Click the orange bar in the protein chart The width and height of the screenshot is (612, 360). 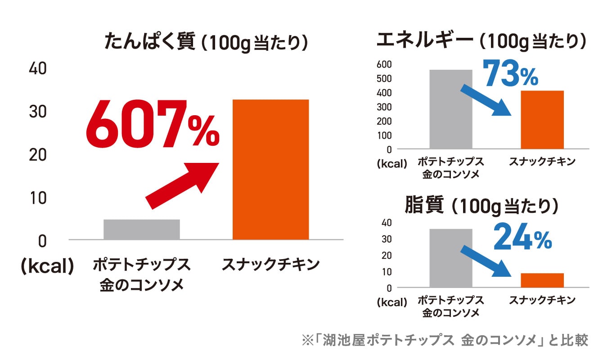(270, 169)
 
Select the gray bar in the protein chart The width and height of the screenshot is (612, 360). (141, 229)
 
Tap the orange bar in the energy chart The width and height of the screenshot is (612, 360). (542, 120)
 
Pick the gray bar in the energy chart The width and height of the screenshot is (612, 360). (450, 109)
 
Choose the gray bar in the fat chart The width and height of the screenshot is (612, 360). (450, 258)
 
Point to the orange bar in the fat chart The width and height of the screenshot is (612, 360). (542, 280)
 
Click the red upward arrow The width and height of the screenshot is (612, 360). (182, 185)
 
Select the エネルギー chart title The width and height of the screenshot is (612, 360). (481, 41)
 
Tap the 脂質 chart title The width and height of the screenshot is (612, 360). (481, 206)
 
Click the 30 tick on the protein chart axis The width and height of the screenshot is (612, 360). (38, 112)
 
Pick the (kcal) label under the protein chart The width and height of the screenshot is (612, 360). (47, 266)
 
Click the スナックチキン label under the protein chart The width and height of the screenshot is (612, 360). (270, 265)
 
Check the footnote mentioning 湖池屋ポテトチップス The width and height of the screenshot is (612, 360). (445, 340)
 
